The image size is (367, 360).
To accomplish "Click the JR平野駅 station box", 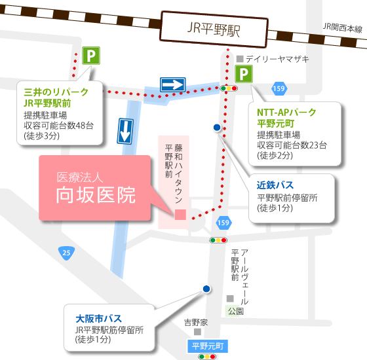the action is coord(214,29).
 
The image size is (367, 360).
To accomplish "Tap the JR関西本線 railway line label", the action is coord(342,27).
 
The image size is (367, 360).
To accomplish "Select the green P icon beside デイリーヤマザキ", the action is coord(244,74).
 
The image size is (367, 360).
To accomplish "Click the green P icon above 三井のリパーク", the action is coord(91,56).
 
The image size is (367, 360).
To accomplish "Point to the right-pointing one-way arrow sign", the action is coord(173,84).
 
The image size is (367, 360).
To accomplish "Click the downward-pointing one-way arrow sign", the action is coord(125,131).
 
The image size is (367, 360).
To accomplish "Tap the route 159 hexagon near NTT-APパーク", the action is coord(279,88).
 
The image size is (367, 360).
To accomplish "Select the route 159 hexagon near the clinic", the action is coord(223,223).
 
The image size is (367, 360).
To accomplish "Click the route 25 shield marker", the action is coord(66,253).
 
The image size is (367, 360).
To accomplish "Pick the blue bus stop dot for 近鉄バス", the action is coord(217,128).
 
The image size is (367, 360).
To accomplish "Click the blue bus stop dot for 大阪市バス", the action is coord(206,289).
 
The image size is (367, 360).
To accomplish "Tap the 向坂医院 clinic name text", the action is coord(96,195).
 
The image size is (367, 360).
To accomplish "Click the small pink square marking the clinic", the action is coord(180,215).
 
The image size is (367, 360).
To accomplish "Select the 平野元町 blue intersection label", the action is coord(208,346).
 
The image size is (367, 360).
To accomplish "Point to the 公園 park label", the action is coord(235,311).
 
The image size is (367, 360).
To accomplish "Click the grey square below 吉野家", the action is coord(197,332).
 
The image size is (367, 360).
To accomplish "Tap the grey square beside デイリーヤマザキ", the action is coord(240,59).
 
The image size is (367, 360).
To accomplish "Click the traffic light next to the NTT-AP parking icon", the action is coord(229,88).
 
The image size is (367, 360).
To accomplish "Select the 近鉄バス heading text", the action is coord(275,185).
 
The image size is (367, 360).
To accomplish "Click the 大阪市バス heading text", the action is coord(98,319).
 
